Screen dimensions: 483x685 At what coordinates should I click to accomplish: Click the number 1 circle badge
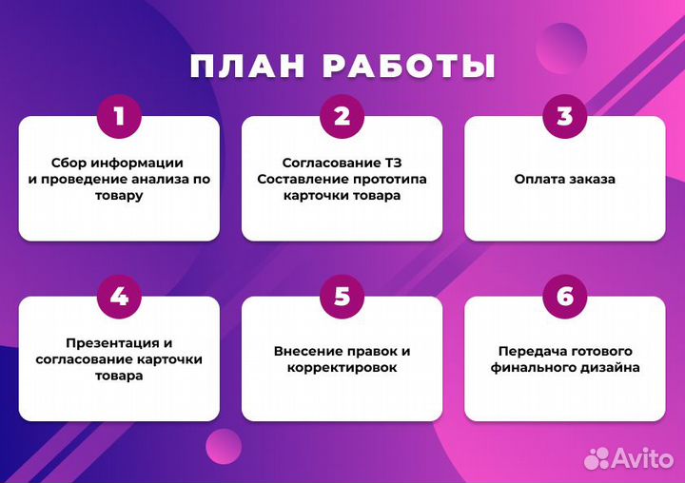pyautogui.click(x=119, y=117)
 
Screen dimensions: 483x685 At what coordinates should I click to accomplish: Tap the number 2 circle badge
pyautogui.click(x=342, y=117)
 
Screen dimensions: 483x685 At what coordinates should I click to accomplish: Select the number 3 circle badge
pyautogui.click(x=565, y=117)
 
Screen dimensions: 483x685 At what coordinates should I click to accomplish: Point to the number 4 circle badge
pyautogui.click(x=119, y=297)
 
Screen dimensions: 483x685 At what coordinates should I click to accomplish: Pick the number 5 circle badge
pyautogui.click(x=342, y=297)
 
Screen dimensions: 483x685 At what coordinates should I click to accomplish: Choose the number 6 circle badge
pyautogui.click(x=565, y=297)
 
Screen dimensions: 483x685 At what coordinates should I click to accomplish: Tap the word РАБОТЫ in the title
pyautogui.click(x=409, y=66)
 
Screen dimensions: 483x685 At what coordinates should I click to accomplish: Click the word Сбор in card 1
pyautogui.click(x=68, y=163)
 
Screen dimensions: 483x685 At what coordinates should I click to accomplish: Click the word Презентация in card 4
pyautogui.click(x=106, y=342)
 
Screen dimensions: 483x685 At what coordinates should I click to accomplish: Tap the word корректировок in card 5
pyautogui.click(x=342, y=367)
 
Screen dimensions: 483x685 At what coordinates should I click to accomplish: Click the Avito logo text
pyautogui.click(x=645, y=457)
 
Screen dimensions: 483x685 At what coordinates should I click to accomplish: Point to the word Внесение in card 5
pyautogui.click(x=306, y=351)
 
